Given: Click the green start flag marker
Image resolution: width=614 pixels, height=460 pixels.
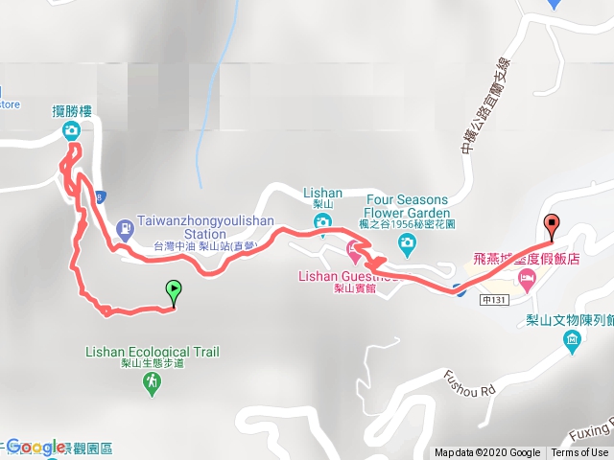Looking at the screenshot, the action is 174,287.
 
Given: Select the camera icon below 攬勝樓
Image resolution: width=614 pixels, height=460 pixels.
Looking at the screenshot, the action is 71,131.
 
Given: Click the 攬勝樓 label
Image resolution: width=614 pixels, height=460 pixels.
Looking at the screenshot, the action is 71,111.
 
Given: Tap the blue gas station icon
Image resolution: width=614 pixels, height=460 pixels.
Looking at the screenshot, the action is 124,228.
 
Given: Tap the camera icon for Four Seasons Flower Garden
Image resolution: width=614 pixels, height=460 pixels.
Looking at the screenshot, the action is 407,244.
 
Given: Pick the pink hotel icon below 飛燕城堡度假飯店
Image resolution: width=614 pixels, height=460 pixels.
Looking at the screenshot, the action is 526,278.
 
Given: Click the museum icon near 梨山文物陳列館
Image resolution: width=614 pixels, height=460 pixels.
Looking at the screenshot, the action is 573,340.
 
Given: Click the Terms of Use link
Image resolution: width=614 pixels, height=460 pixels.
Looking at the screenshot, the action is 580,452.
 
